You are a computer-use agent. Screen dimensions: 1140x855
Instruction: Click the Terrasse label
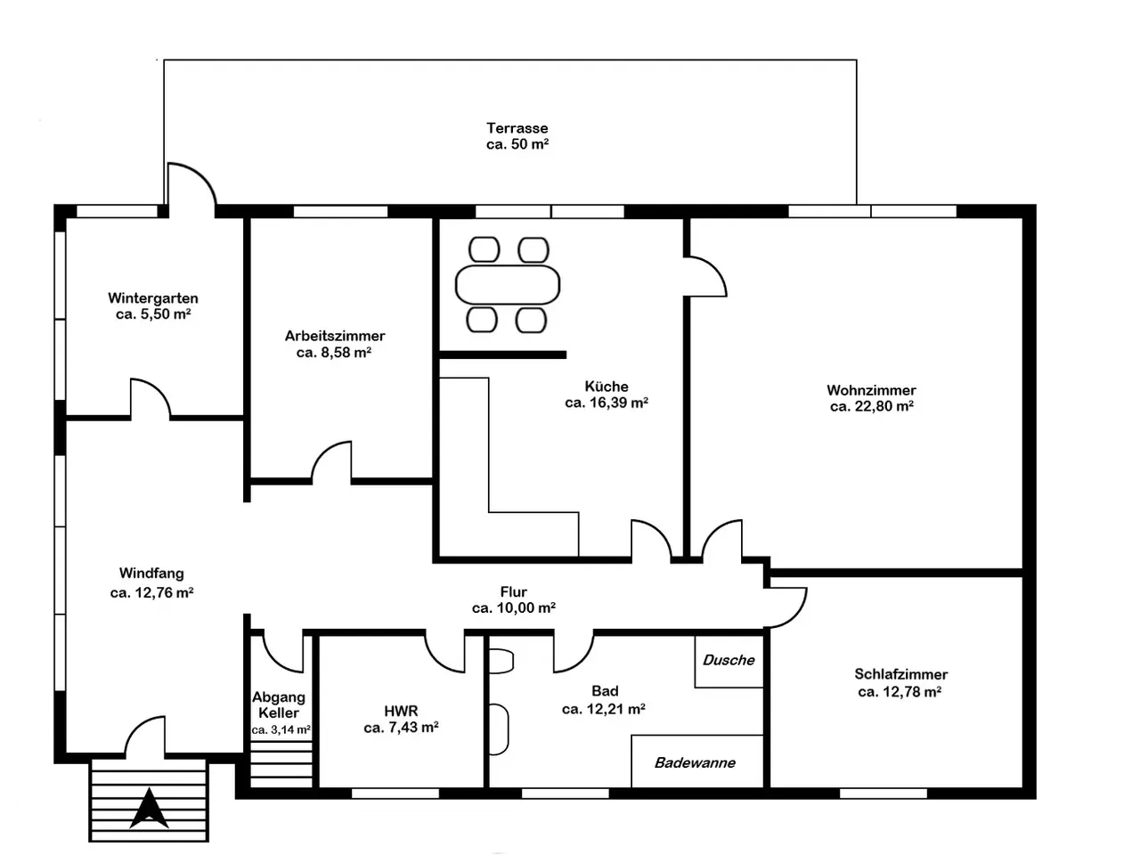[517, 127]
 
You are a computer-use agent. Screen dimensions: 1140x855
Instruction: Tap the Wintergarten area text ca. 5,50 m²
[153, 314]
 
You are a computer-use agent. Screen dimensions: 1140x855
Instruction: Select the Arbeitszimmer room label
[335, 336]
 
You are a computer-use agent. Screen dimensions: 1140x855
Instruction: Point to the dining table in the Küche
[508, 284]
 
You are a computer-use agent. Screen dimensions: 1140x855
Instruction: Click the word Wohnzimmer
[872, 390]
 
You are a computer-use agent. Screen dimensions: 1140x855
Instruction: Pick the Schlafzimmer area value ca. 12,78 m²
[900, 692]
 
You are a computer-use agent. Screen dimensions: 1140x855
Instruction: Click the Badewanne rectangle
[697, 761]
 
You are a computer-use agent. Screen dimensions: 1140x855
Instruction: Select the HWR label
[401, 711]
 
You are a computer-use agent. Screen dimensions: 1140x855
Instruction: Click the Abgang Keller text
[279, 704]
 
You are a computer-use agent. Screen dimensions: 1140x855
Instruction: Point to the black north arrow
[149, 808]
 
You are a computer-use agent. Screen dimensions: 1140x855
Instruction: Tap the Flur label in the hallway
[514, 591]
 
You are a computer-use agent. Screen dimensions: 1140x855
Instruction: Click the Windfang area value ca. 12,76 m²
[151, 592]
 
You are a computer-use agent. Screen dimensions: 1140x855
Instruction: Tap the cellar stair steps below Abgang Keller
[281, 764]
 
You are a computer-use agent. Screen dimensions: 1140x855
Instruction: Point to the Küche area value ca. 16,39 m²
[607, 403]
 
